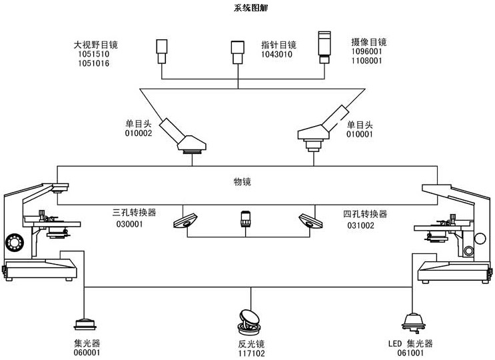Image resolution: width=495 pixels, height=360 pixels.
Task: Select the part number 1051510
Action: tap(91, 55)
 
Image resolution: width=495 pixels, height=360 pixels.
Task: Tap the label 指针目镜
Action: tap(278, 45)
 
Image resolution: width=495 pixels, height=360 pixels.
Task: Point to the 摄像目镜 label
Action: tap(368, 42)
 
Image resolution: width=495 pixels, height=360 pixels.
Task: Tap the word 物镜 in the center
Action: tap(243, 181)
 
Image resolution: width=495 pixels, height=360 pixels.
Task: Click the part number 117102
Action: tap(251, 354)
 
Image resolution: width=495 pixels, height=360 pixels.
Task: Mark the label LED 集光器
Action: tap(410, 344)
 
